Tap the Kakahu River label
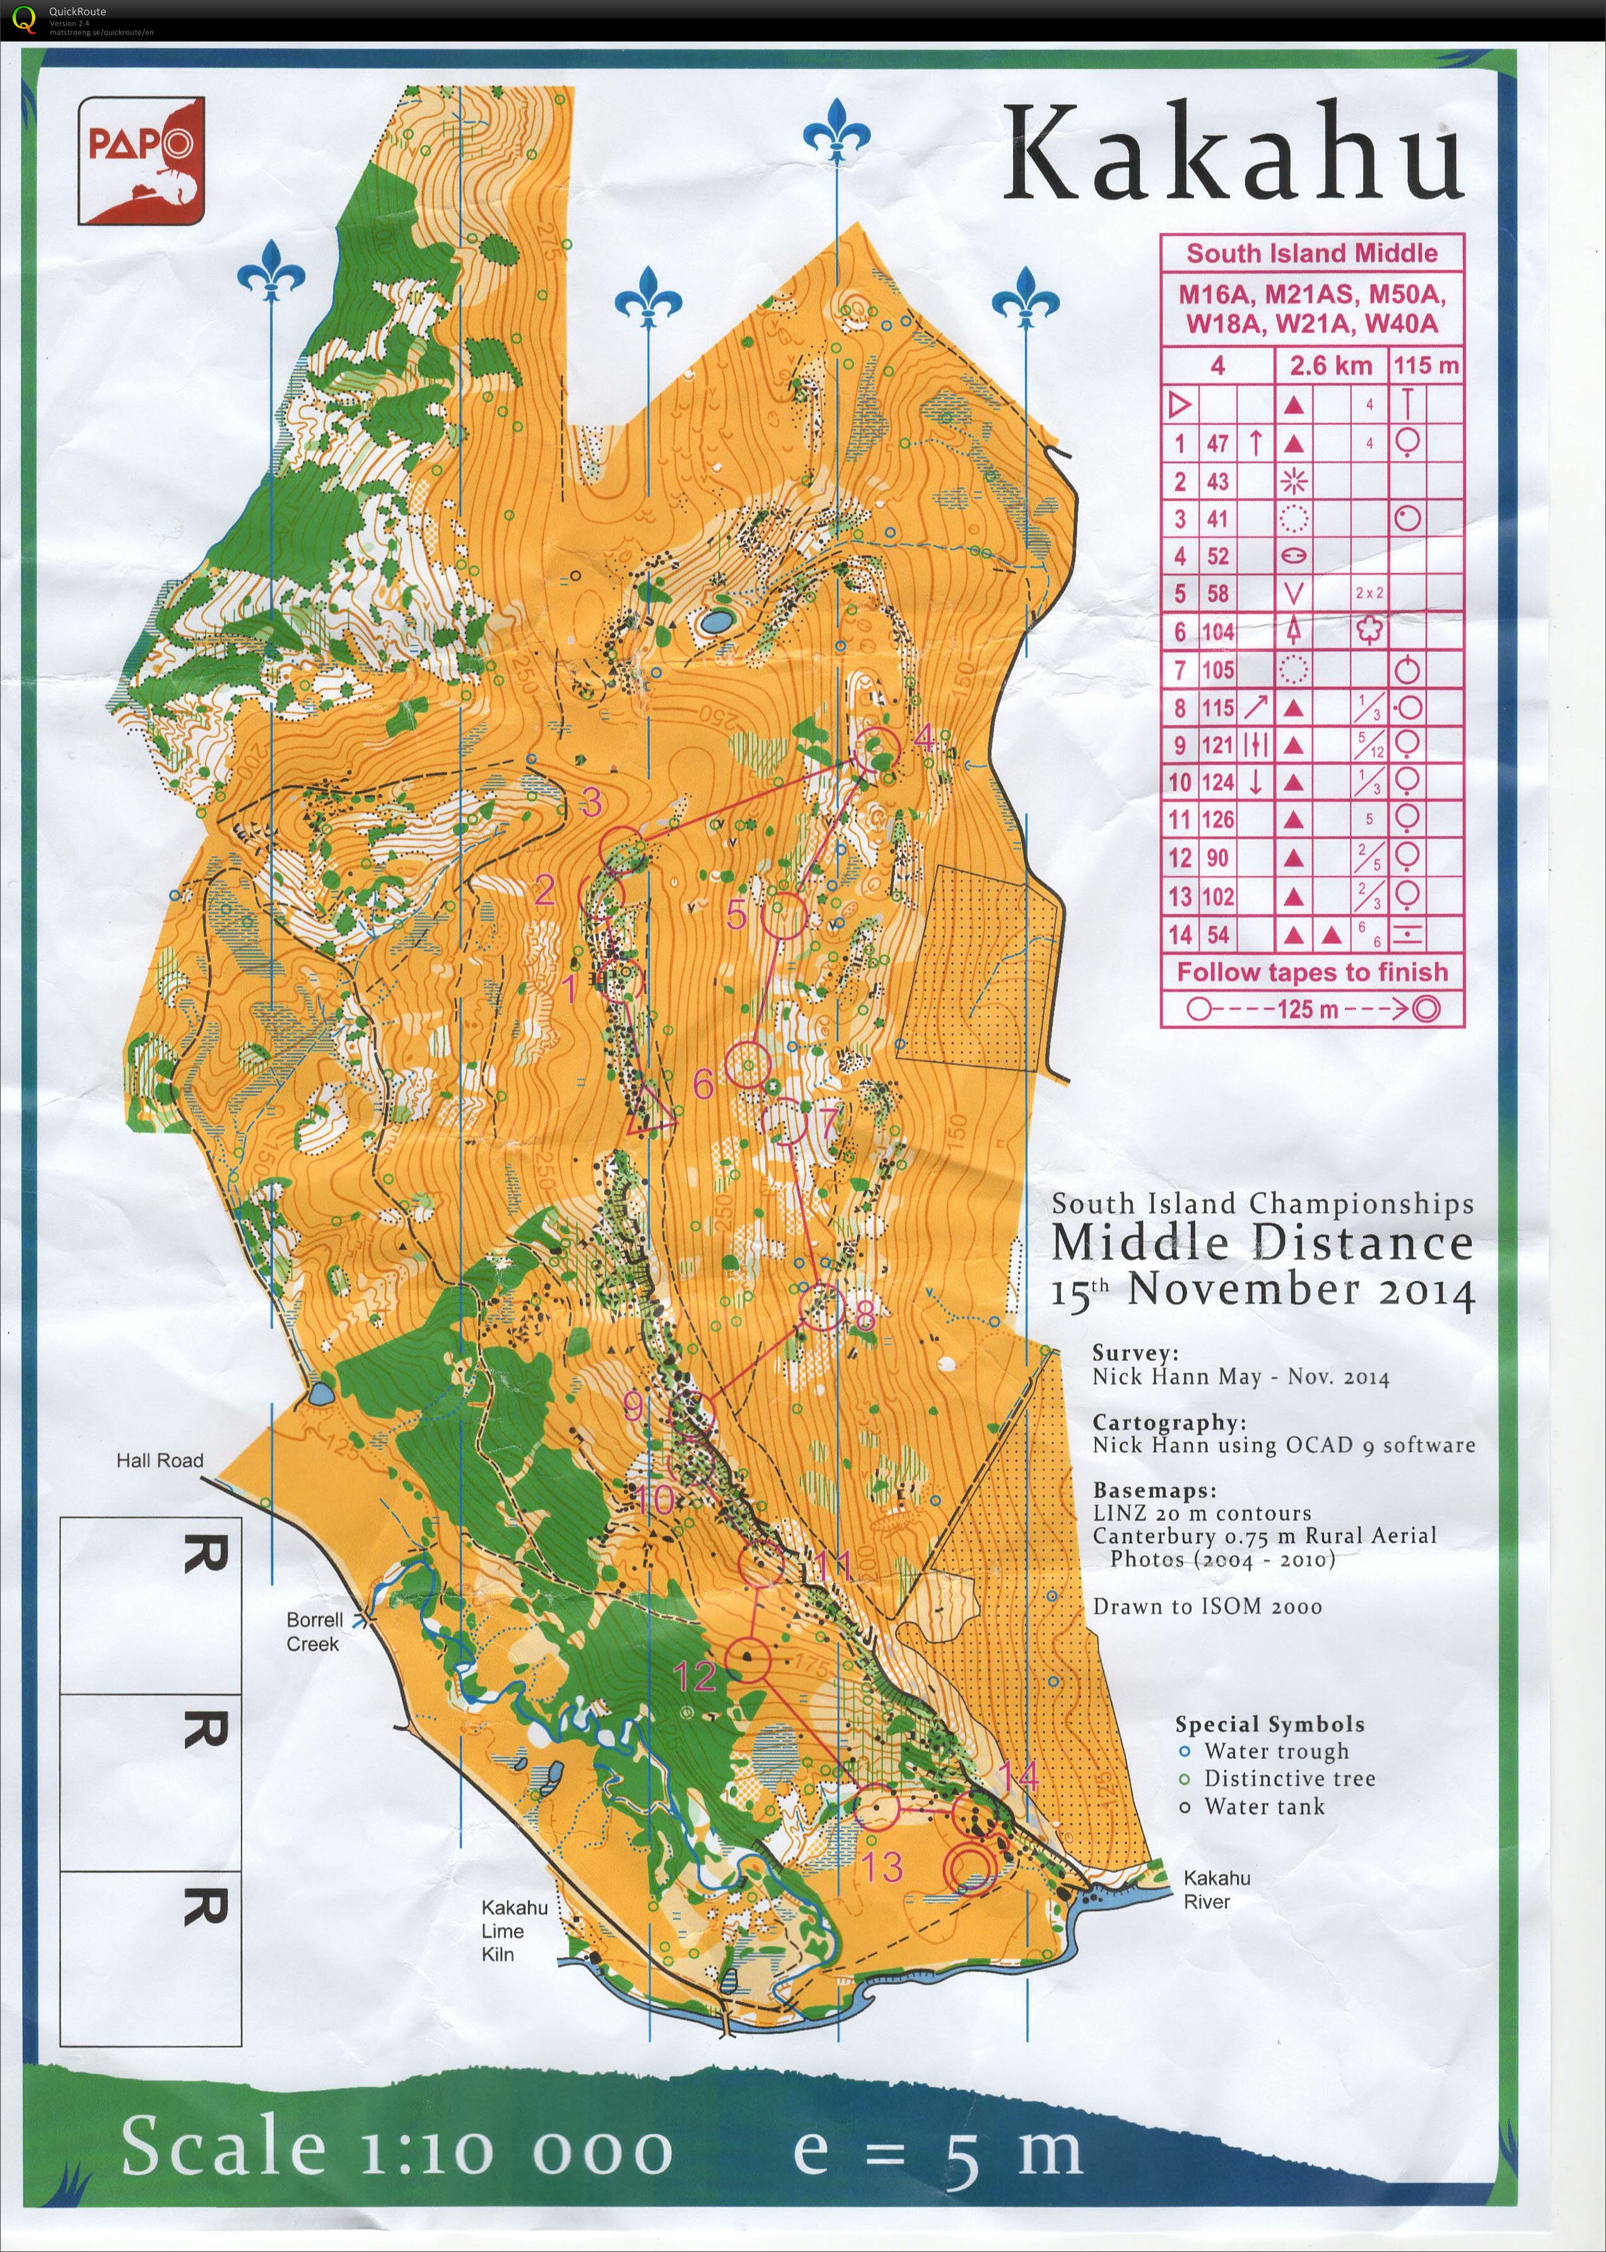tap(1216, 1889)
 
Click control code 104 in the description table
tap(1217, 633)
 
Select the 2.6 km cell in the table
tap(1330, 366)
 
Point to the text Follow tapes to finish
tap(1311, 972)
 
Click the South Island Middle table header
tap(1311, 253)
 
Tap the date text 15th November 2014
tap(1262, 1290)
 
